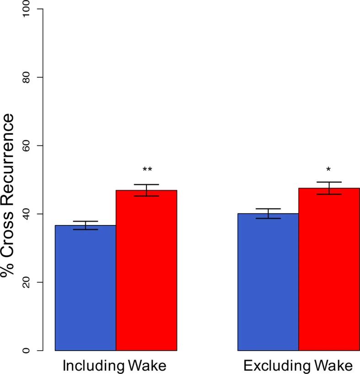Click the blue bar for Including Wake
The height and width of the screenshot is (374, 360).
pos(85,288)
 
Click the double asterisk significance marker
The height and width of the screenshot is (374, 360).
pos(147,170)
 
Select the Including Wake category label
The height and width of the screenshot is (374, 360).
pos(114,366)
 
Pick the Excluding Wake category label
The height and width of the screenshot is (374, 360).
pos(298,366)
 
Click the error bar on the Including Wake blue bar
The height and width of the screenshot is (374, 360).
pos(85,225)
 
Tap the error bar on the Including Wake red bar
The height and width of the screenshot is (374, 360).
pos(146,190)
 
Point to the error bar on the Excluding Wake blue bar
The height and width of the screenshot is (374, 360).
pos(268,214)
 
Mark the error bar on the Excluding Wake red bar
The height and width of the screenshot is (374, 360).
pos(329,188)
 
